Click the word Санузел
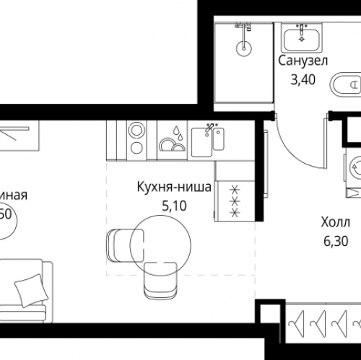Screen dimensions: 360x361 point(302,61)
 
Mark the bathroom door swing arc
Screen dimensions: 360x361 point(287,154)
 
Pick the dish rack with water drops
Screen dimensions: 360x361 point(173,139)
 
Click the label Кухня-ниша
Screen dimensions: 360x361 point(173,188)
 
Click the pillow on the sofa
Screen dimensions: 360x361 point(29,290)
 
